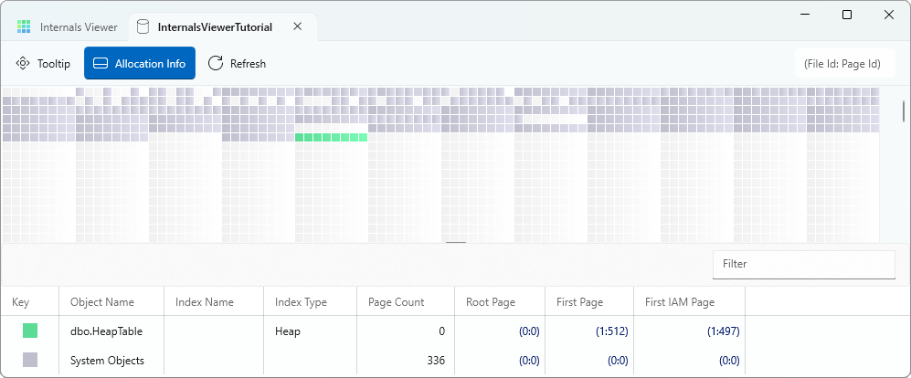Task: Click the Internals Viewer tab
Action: (67, 26)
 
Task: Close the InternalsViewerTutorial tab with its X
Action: (298, 26)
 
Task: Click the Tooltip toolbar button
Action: (44, 63)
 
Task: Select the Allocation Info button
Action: (140, 63)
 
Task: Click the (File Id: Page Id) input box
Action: (845, 63)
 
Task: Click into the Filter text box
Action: (803, 264)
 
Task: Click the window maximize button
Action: (847, 16)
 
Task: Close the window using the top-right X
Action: (889, 16)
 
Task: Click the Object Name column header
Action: (102, 302)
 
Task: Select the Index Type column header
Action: (301, 302)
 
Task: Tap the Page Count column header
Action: (397, 302)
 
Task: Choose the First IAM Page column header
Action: (680, 302)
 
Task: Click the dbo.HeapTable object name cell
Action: (106, 331)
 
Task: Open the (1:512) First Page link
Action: (611, 331)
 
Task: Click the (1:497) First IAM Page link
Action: (723, 331)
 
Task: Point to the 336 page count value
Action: (436, 361)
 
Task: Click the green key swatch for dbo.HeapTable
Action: (30, 331)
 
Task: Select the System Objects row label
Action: (107, 361)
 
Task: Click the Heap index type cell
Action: (288, 331)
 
